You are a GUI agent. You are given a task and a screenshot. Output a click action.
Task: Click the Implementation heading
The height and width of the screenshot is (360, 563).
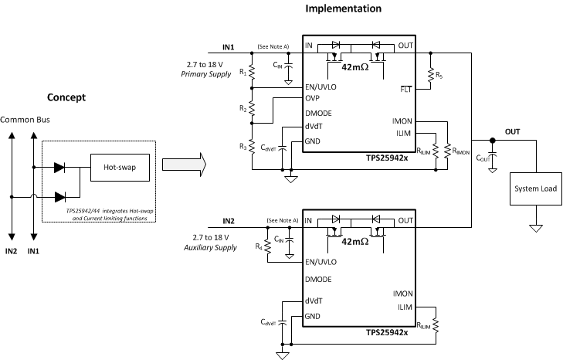(x=344, y=9)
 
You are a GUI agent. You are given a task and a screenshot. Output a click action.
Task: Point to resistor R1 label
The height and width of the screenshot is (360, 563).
(x=243, y=73)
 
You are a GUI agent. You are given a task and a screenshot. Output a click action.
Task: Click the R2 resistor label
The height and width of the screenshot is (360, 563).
(x=243, y=110)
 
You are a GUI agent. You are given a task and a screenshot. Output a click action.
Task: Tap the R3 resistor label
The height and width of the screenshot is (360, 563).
(x=243, y=147)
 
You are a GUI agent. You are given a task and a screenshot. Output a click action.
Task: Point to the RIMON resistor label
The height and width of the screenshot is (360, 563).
(x=462, y=151)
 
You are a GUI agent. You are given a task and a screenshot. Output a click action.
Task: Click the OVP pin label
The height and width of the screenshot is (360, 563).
(x=313, y=98)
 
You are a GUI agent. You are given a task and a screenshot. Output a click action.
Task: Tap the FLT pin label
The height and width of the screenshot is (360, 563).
(x=406, y=90)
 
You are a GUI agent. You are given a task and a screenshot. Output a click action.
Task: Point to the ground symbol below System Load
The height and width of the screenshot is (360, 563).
(x=534, y=229)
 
